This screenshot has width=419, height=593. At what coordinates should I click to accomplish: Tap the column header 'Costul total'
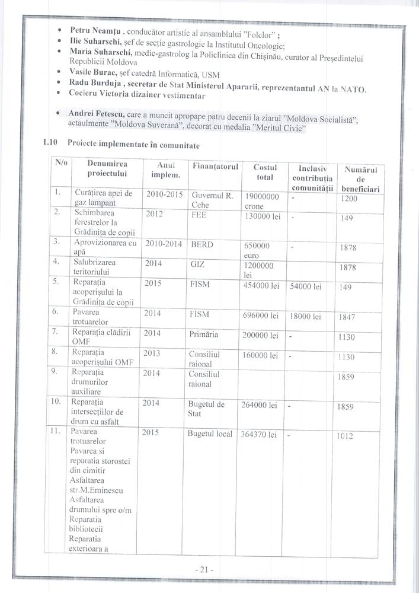coord(261,173)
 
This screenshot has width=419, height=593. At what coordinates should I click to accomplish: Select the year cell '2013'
coord(153,354)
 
